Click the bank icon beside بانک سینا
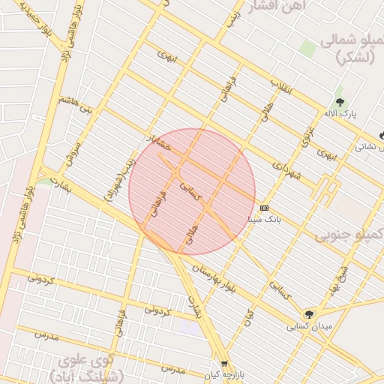(x=264, y=208)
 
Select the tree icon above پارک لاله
(x=340, y=102)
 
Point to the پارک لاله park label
(x=340, y=114)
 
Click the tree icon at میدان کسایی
(x=309, y=315)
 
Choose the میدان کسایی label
(x=307, y=327)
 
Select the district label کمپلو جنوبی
(x=349, y=235)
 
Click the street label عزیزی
(x=307, y=136)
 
